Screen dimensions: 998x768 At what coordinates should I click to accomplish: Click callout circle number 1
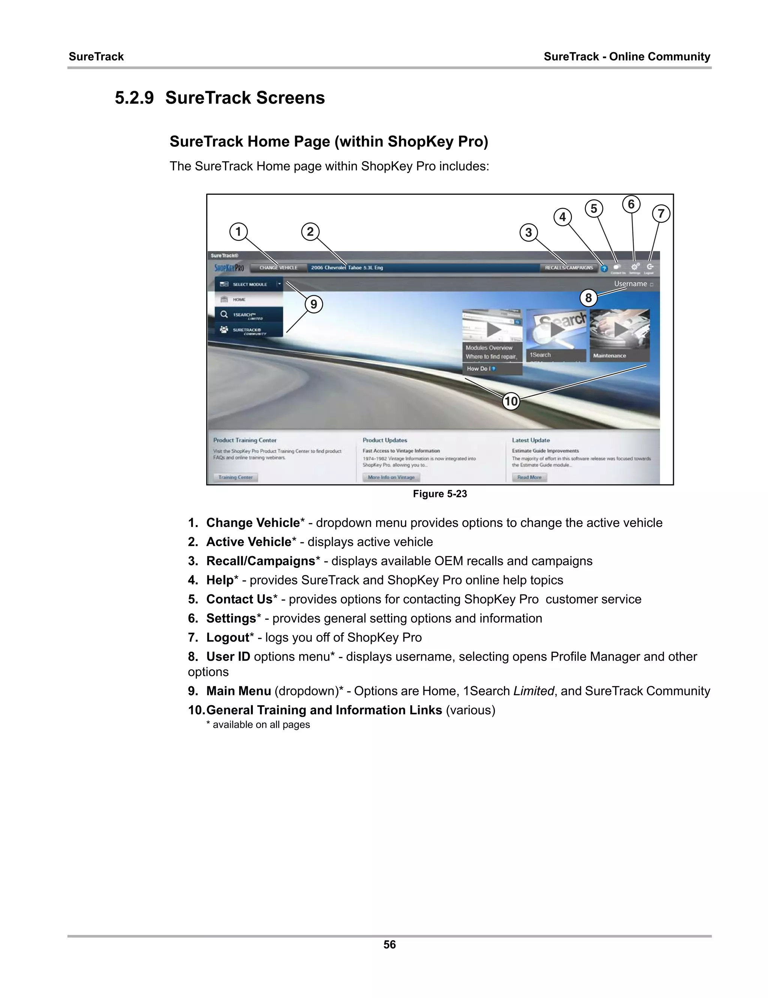238,231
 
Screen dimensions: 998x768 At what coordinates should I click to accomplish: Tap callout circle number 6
631,204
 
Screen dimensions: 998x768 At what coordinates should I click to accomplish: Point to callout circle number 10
510,401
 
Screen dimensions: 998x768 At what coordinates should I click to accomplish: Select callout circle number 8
588,298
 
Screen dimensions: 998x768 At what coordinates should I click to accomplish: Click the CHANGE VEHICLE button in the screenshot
278,268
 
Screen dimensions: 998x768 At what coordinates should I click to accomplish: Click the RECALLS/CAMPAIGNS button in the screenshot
568,268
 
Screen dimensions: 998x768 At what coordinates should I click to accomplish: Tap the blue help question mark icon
604,269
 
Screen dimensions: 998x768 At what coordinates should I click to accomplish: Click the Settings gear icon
634,267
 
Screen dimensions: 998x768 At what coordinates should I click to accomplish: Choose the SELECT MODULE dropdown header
249,284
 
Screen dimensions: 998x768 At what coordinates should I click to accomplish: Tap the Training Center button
235,477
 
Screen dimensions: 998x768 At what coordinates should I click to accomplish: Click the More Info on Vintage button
391,477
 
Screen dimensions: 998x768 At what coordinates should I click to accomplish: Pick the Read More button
529,477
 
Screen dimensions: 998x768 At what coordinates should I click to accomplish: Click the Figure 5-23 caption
440,494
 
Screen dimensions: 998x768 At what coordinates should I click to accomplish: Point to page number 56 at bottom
390,945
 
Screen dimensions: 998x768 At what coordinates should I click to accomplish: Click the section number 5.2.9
134,98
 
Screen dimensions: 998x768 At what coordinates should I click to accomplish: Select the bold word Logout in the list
227,637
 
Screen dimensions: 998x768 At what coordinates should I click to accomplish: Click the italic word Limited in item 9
533,691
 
